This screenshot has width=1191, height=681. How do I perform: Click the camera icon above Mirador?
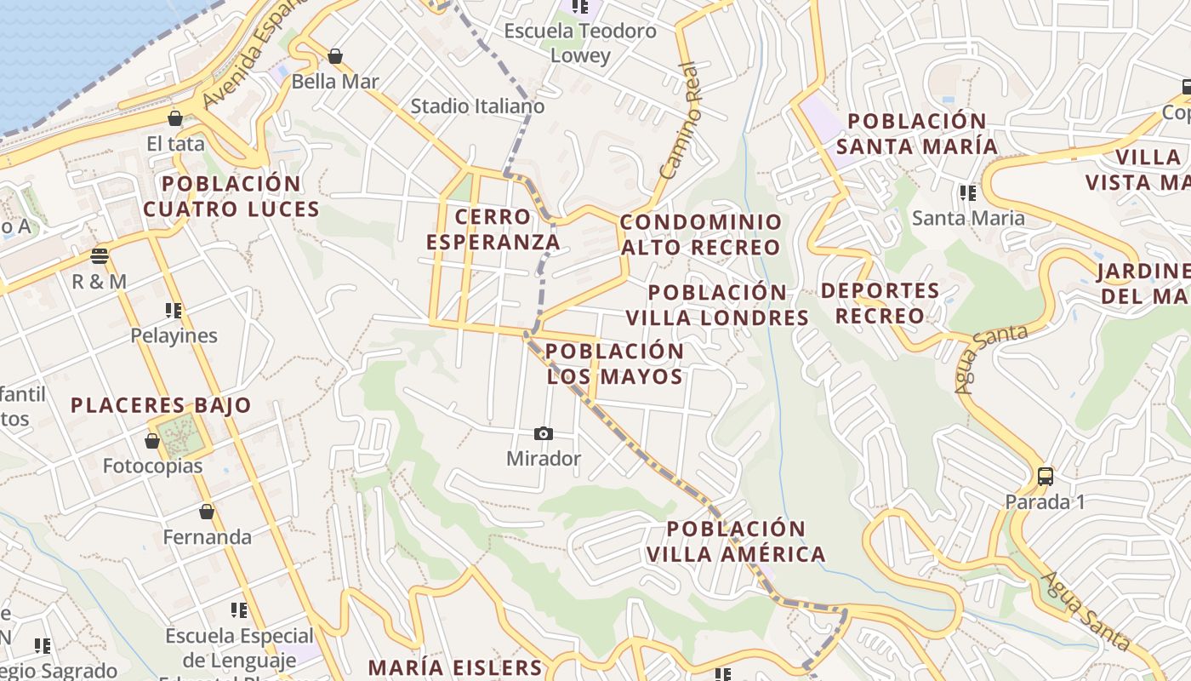[544, 434]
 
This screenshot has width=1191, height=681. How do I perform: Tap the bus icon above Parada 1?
[1046, 477]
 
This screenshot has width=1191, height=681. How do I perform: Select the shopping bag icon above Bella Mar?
[335, 56]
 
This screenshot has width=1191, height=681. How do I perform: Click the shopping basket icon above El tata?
[175, 118]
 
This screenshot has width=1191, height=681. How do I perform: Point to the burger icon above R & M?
[100, 256]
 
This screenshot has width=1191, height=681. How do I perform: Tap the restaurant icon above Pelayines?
[174, 311]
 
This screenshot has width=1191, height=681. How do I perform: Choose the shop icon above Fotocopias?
[152, 441]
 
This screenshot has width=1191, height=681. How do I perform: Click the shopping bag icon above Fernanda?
[207, 512]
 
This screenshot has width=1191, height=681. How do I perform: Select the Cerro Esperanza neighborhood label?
[493, 230]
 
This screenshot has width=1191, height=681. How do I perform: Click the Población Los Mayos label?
[614, 363]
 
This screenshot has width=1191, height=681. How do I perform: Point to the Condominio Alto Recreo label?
[700, 235]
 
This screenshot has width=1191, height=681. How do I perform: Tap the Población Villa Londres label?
[717, 305]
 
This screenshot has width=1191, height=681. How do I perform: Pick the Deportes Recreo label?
[880, 303]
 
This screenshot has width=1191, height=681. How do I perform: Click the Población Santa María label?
[916, 134]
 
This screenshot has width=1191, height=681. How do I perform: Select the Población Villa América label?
[735, 541]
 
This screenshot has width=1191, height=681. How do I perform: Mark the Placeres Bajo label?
[161, 405]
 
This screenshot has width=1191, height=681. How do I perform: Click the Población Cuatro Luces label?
[231, 197]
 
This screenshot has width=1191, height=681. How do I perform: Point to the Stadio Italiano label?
[477, 106]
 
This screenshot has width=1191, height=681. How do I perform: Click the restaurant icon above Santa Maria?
[967, 193]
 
